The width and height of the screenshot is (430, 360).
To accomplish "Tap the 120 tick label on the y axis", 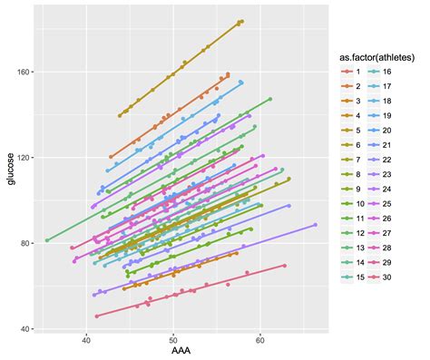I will (x=23, y=157).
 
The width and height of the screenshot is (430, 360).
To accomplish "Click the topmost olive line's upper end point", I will (x=242, y=21).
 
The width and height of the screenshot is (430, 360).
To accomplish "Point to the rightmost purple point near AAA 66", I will (x=315, y=224).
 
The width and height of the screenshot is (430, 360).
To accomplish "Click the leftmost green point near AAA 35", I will (x=46, y=240).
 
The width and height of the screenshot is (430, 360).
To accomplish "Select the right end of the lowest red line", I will (x=284, y=265).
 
